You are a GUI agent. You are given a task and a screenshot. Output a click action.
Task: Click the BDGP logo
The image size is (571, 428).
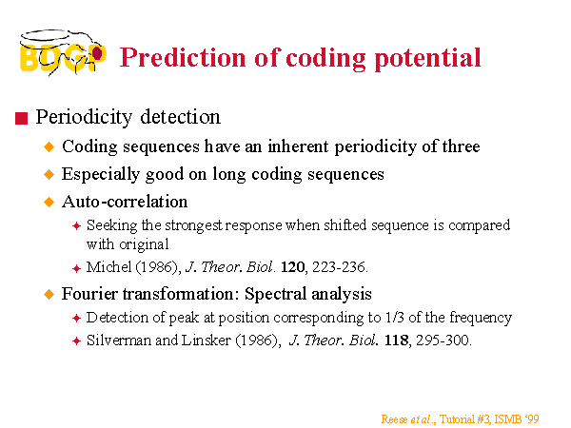(x=63, y=52)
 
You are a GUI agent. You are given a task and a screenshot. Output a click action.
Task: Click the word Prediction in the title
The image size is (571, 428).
(x=183, y=57)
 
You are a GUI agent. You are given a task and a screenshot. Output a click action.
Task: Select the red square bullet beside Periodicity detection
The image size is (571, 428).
(x=22, y=118)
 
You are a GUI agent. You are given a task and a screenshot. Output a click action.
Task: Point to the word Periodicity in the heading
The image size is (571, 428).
(x=84, y=118)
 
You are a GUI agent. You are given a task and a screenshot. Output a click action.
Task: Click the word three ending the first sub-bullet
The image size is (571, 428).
(x=461, y=146)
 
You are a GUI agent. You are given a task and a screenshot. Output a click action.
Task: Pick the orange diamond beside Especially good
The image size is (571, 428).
(x=49, y=174)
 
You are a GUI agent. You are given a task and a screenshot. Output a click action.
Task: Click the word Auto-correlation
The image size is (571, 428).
(x=125, y=202)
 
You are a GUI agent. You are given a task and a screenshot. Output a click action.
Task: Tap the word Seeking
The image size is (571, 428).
(x=111, y=226)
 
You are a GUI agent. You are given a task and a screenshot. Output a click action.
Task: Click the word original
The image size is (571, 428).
(x=144, y=244)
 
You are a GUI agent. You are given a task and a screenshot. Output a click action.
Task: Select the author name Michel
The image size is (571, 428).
(x=108, y=267)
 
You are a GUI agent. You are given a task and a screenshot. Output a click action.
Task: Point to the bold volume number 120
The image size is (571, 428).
(x=293, y=267)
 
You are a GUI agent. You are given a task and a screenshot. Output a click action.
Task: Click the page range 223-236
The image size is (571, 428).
(x=339, y=267)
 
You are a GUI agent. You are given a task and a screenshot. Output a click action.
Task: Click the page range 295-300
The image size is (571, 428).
(x=443, y=340)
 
